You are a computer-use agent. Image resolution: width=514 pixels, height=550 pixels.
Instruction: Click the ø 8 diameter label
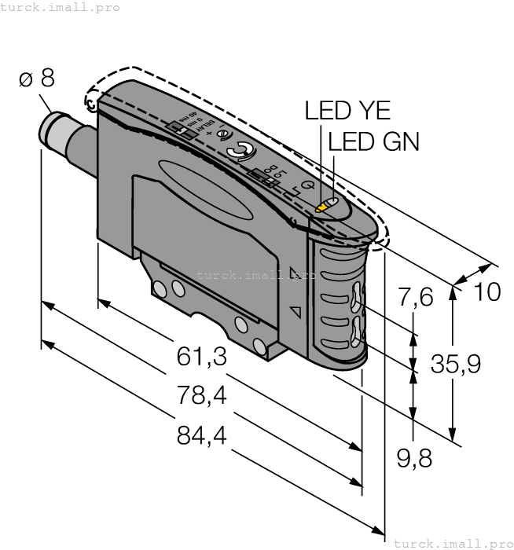pyautogui.click(x=37, y=79)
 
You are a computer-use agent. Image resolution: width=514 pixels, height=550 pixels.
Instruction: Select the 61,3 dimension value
pyautogui.click(x=201, y=357)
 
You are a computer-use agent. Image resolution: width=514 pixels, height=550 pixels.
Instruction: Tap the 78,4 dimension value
pyautogui.click(x=201, y=397)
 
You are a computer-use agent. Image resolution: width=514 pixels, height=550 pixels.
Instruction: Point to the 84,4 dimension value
pyautogui.click(x=201, y=435)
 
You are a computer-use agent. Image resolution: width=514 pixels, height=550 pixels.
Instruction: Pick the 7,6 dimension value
pyautogui.click(x=416, y=298)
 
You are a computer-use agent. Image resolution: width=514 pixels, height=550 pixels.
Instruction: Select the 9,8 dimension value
pyautogui.click(x=414, y=459)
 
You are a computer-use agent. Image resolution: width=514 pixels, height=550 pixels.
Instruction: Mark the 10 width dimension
pyautogui.click(x=487, y=291)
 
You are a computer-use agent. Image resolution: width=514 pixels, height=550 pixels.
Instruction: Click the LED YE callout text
pyautogui.click(x=347, y=111)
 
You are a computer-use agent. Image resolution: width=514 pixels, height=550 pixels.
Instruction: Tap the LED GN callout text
pyautogui.click(x=373, y=141)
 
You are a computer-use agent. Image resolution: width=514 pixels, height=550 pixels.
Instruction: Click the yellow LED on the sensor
pyautogui.click(x=321, y=208)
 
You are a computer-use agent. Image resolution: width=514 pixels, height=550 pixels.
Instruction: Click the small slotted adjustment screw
pyautogui.click(x=224, y=134)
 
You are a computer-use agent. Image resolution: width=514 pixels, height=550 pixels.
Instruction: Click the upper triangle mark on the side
pyautogui.click(x=296, y=273)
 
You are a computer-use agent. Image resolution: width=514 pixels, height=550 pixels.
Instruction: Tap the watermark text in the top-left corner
pyautogui.click(x=61, y=7)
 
